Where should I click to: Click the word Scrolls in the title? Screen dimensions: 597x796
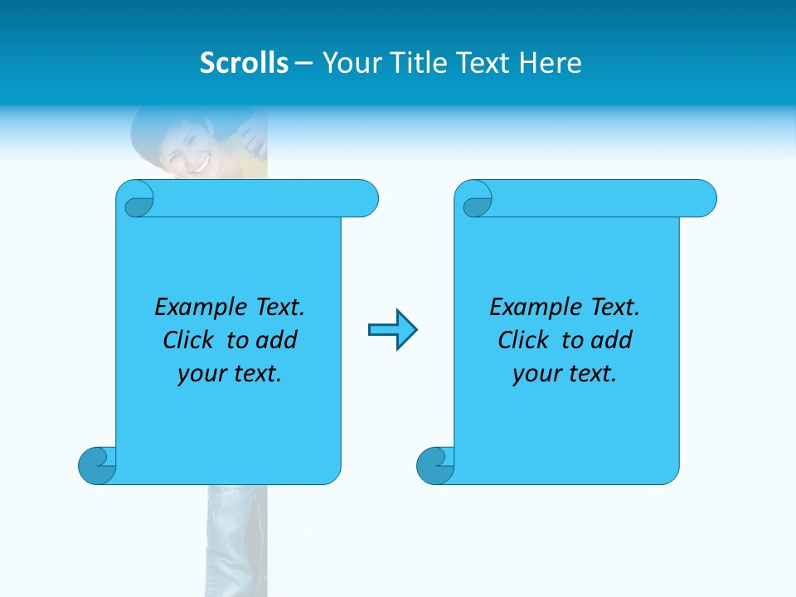(244, 63)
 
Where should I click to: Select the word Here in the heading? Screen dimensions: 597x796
(551, 63)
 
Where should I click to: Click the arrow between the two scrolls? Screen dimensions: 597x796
(392, 330)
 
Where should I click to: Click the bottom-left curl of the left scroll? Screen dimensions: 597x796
(97, 465)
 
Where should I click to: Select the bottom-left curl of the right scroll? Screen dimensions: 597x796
(435, 465)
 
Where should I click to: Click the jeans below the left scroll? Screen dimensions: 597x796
(236, 539)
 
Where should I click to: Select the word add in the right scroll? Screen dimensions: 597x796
(612, 340)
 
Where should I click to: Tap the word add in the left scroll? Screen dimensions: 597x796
(277, 340)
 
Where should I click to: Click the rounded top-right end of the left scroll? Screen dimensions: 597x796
(365, 198)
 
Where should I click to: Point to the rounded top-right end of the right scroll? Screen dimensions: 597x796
(703, 198)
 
